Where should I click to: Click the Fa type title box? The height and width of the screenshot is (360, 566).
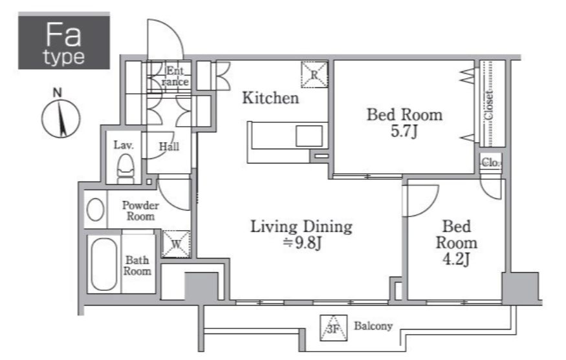(x=64, y=41)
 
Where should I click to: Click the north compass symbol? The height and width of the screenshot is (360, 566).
(x=61, y=114)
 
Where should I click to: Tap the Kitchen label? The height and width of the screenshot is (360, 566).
(x=270, y=98)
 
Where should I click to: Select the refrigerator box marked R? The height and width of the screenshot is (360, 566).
(x=314, y=75)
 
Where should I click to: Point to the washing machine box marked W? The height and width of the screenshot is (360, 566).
(x=176, y=244)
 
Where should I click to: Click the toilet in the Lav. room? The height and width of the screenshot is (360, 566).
(x=125, y=169)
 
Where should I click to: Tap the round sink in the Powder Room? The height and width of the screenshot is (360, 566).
(x=96, y=209)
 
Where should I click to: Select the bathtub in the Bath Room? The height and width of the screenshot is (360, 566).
(x=104, y=264)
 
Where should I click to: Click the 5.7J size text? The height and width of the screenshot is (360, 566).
(x=404, y=131)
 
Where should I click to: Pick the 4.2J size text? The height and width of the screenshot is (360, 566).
(x=456, y=259)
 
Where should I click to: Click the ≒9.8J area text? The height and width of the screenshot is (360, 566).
(x=302, y=243)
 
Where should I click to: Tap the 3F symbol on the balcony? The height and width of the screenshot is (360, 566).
(x=334, y=328)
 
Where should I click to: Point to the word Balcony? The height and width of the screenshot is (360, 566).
(x=373, y=326)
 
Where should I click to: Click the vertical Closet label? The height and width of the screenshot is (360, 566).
(x=489, y=105)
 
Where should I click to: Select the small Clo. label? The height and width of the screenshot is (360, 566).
(x=490, y=163)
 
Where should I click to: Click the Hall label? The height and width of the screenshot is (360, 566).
(x=169, y=147)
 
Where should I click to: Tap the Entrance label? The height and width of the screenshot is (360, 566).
(x=175, y=76)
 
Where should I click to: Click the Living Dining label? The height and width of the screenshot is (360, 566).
(x=301, y=226)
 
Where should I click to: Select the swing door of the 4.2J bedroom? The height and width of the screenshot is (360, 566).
(x=420, y=200)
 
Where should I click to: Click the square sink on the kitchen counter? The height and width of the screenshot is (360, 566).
(x=309, y=136)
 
